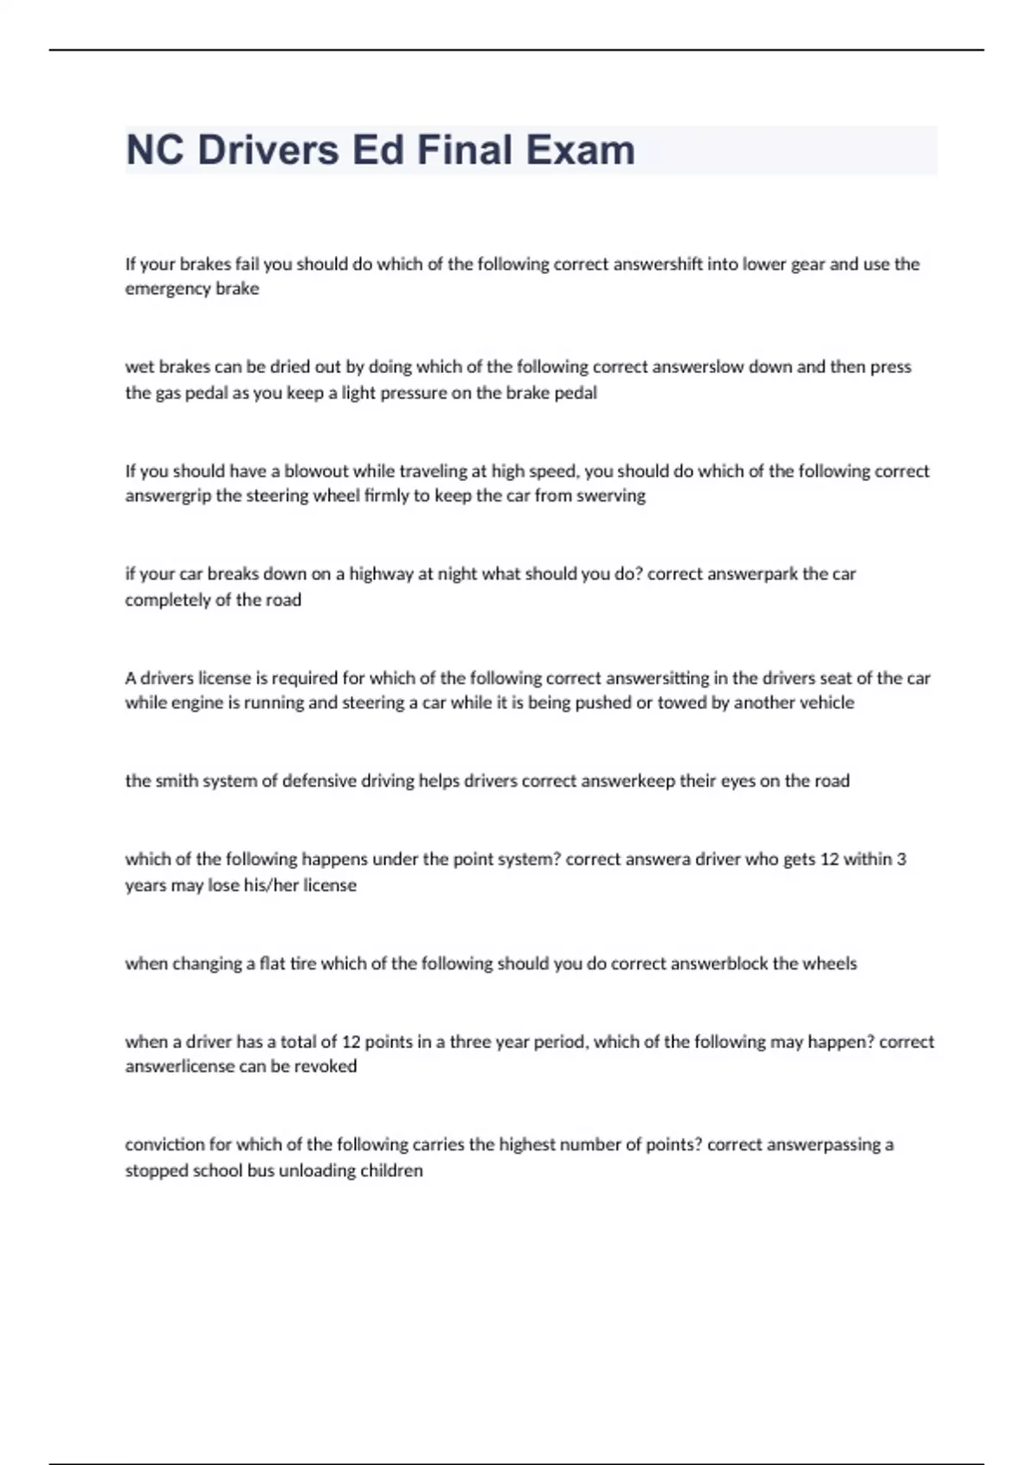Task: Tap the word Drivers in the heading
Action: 268,150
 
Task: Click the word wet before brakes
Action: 140,367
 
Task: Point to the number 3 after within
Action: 901,859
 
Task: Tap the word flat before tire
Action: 272,963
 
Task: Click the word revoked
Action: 325,1066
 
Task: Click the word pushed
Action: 603,702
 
